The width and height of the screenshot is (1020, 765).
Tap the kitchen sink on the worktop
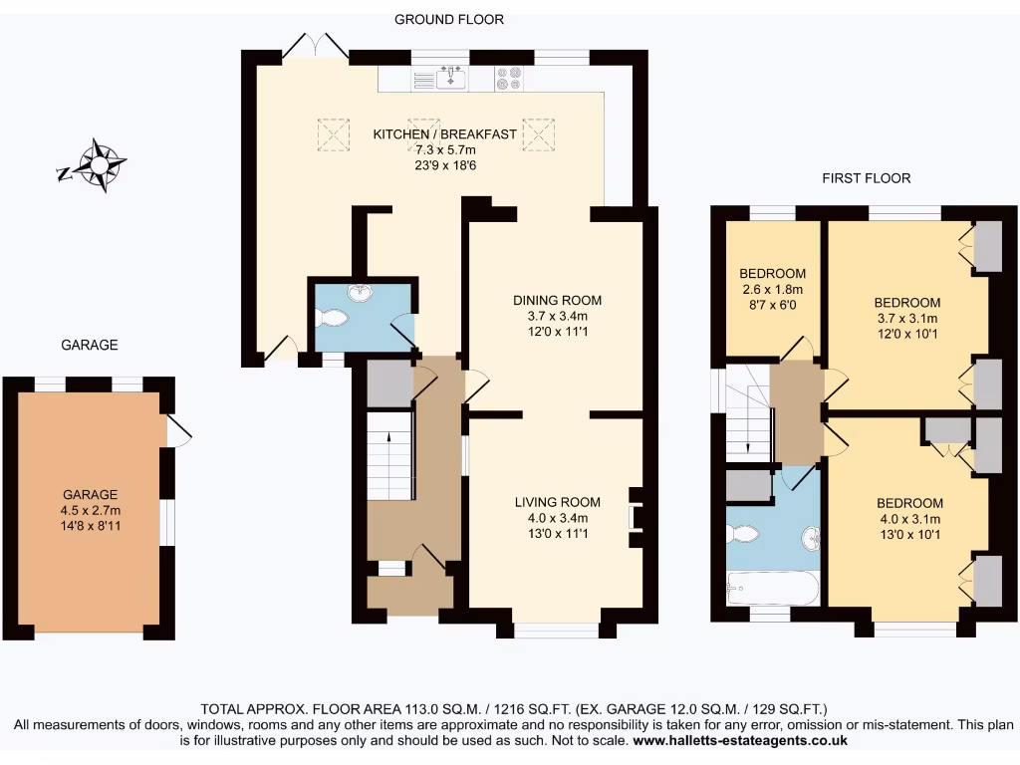[x=452, y=77]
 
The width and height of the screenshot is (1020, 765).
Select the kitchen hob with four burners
[x=509, y=77]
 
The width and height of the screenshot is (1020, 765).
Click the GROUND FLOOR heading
[x=449, y=19]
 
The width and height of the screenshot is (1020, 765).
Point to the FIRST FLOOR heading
[x=866, y=178]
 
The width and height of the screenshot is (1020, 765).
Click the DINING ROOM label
[x=557, y=300]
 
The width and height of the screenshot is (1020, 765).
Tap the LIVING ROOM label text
[x=557, y=502]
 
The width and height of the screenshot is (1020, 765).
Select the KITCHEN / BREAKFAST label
[x=444, y=134]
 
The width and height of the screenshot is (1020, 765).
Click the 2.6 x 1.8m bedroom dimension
[x=772, y=290]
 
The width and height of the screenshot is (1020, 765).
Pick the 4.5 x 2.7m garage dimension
[x=91, y=510]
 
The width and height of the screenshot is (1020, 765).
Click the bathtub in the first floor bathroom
[x=773, y=588]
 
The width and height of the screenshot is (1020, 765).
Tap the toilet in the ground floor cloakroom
[x=332, y=317]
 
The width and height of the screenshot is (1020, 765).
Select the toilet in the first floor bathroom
[x=743, y=535]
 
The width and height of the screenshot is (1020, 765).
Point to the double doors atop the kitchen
[x=315, y=45]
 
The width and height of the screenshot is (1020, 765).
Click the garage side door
[x=179, y=429]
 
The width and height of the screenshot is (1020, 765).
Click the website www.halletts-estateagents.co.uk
[x=740, y=741]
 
